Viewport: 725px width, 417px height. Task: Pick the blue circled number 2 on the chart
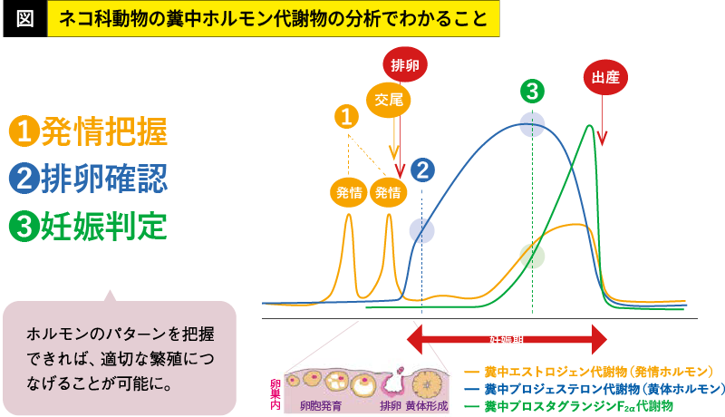(x=422, y=170)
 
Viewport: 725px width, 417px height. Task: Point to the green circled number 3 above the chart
(x=532, y=90)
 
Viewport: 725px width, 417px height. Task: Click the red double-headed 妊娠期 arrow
(x=506, y=340)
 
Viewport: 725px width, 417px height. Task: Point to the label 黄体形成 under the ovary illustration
(x=427, y=405)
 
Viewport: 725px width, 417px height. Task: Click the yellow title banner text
(x=273, y=17)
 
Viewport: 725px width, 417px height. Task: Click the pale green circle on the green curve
(x=532, y=257)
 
